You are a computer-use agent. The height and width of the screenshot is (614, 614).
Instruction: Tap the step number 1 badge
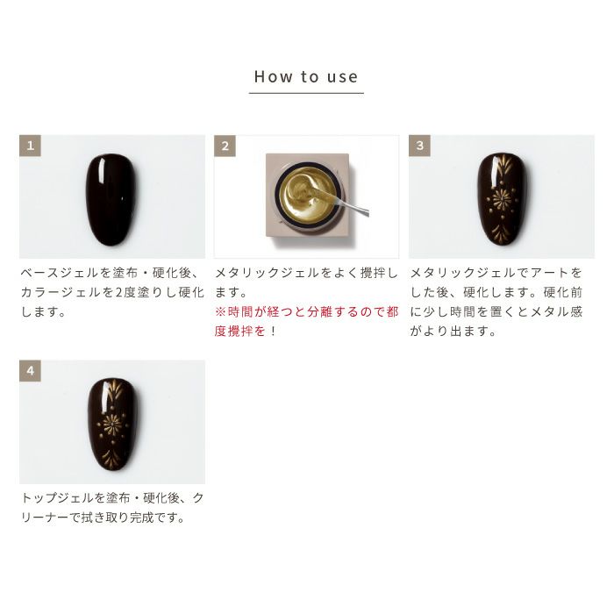tap(30, 146)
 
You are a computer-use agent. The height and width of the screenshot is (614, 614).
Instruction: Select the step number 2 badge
tap(225, 146)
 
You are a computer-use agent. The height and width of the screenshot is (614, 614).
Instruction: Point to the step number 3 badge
tap(419, 146)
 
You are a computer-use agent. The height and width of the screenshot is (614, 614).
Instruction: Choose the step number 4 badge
tap(30, 371)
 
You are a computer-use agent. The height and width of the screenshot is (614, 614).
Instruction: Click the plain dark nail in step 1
tap(112, 200)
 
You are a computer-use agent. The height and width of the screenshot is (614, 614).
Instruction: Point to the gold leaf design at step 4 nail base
tap(112, 457)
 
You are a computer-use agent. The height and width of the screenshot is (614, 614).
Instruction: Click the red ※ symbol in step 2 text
tap(220, 312)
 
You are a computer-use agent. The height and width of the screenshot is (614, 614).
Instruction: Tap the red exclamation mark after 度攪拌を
tap(273, 332)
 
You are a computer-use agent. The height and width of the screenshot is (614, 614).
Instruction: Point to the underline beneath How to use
tap(306, 93)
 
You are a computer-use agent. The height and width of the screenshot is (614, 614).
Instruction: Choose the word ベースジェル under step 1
tap(60, 273)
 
